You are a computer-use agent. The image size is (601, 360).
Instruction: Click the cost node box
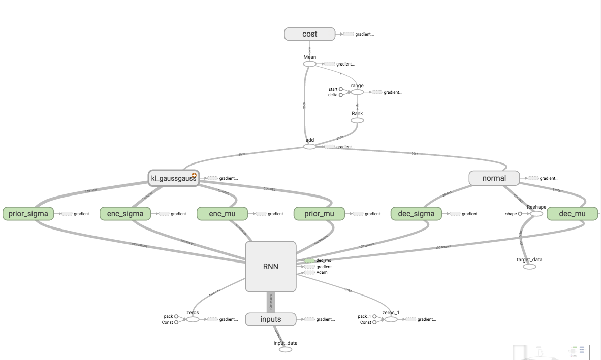[x=309, y=34]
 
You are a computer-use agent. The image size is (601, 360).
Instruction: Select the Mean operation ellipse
[x=309, y=64]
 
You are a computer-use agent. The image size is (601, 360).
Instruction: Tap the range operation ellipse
[x=357, y=92]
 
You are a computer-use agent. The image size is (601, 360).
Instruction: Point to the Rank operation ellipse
[x=357, y=120]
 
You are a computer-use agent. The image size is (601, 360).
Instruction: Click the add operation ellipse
[x=309, y=147]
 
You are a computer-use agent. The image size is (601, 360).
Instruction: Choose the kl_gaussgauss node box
[x=173, y=178]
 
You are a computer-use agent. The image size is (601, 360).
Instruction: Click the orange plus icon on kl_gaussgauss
[x=194, y=175]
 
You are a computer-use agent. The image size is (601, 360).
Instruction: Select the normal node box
[x=494, y=178]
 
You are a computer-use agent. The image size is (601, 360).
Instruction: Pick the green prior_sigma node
[x=28, y=214]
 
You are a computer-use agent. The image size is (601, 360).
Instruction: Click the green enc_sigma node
[x=125, y=214]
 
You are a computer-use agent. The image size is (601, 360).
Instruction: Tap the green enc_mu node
[x=222, y=214]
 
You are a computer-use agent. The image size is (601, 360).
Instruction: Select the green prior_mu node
[x=319, y=214]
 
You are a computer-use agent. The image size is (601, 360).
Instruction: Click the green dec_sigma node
[x=416, y=214]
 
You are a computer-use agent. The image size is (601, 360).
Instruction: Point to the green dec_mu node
[x=572, y=214]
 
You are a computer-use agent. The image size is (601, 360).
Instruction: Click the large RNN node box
[x=270, y=267]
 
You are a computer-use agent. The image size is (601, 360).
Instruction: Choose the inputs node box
[x=270, y=319]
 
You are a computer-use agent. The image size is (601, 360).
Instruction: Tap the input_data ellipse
[x=286, y=349]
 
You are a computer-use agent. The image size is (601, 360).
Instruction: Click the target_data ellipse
[x=529, y=266]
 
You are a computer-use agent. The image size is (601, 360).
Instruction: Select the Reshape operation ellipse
[x=536, y=214]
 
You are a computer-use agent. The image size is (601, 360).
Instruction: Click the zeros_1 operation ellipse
[x=390, y=319]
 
